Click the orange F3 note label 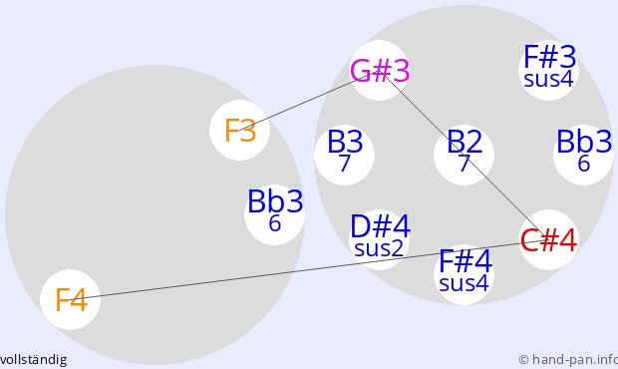[x=240, y=131]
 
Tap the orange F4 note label [x=71, y=300]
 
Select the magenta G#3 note [x=380, y=71]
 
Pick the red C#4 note [x=548, y=240]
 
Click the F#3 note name [x=550, y=57]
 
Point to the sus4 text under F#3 [x=548, y=79]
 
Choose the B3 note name [x=345, y=142]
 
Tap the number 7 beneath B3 [x=345, y=164]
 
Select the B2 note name [x=464, y=142]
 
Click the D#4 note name [x=381, y=226]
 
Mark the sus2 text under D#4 [x=379, y=248]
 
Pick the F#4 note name [x=465, y=260]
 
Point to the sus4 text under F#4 [x=463, y=283]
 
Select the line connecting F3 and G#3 [x=309, y=101]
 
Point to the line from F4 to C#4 [x=309, y=270]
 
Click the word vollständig [x=33, y=360]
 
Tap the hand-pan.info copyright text [x=568, y=360]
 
